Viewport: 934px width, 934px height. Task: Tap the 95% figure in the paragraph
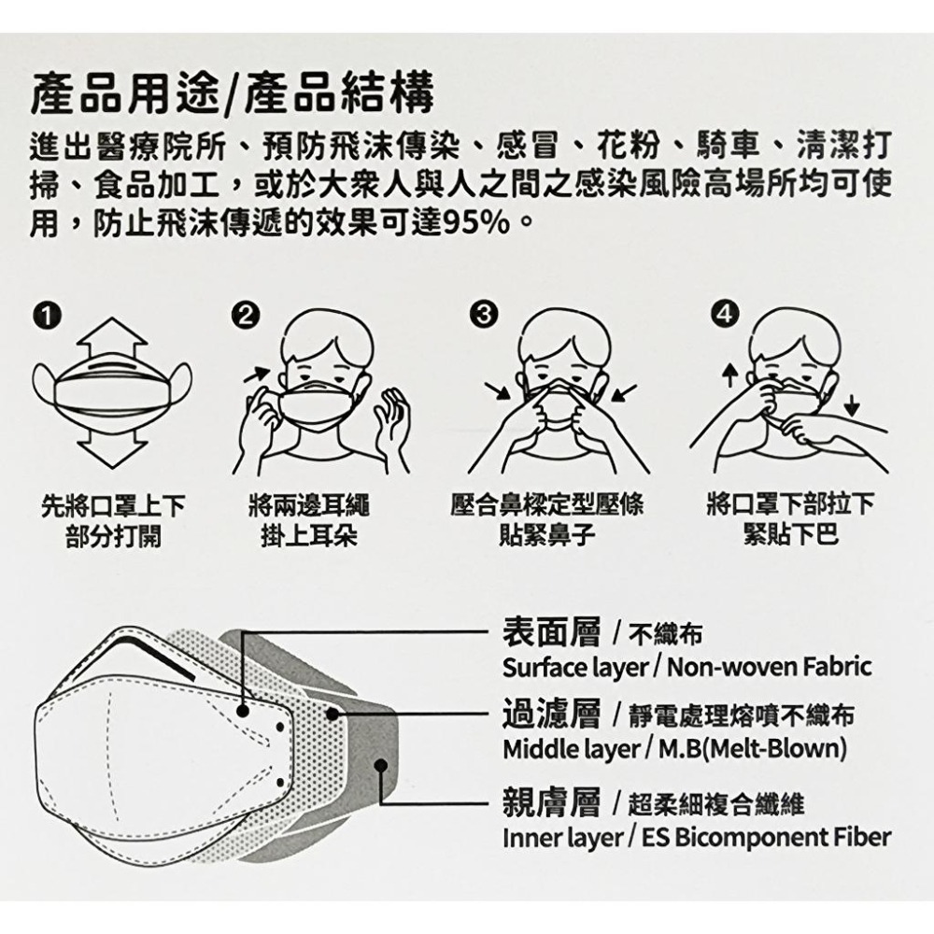point(473,223)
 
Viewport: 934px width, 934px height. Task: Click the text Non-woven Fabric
point(770,667)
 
